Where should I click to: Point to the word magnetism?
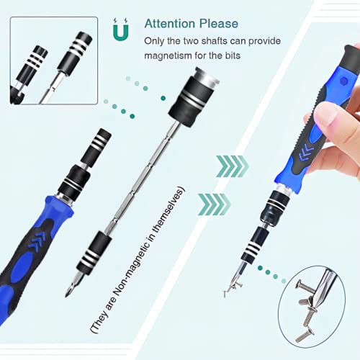(x=169, y=56)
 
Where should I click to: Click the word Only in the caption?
(x=155, y=41)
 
